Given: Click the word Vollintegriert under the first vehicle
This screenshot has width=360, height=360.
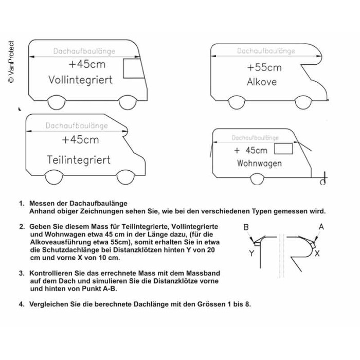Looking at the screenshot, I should point(80,80).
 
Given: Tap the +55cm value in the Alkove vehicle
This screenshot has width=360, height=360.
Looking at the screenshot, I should point(264,67).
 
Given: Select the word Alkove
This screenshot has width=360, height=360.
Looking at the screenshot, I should point(262,82).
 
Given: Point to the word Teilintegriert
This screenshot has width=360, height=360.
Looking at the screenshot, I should point(79,159).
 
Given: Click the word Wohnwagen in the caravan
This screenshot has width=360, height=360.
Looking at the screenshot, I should point(259,164).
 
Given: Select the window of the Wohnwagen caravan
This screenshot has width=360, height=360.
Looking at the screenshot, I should point(283,149).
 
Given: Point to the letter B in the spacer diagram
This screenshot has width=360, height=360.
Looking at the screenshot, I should point(246,227).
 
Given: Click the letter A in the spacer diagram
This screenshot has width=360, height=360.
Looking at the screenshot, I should point(321,226).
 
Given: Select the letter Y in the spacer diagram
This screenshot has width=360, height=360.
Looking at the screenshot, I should point(251,253).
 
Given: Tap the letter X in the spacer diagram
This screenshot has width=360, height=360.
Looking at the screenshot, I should point(317,254).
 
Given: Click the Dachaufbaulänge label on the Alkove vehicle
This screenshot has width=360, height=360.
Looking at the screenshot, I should point(266,51).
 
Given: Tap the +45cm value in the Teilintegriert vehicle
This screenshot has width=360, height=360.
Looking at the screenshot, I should point(80,139).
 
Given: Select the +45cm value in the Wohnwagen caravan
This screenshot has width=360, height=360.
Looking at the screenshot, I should point(250,150).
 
